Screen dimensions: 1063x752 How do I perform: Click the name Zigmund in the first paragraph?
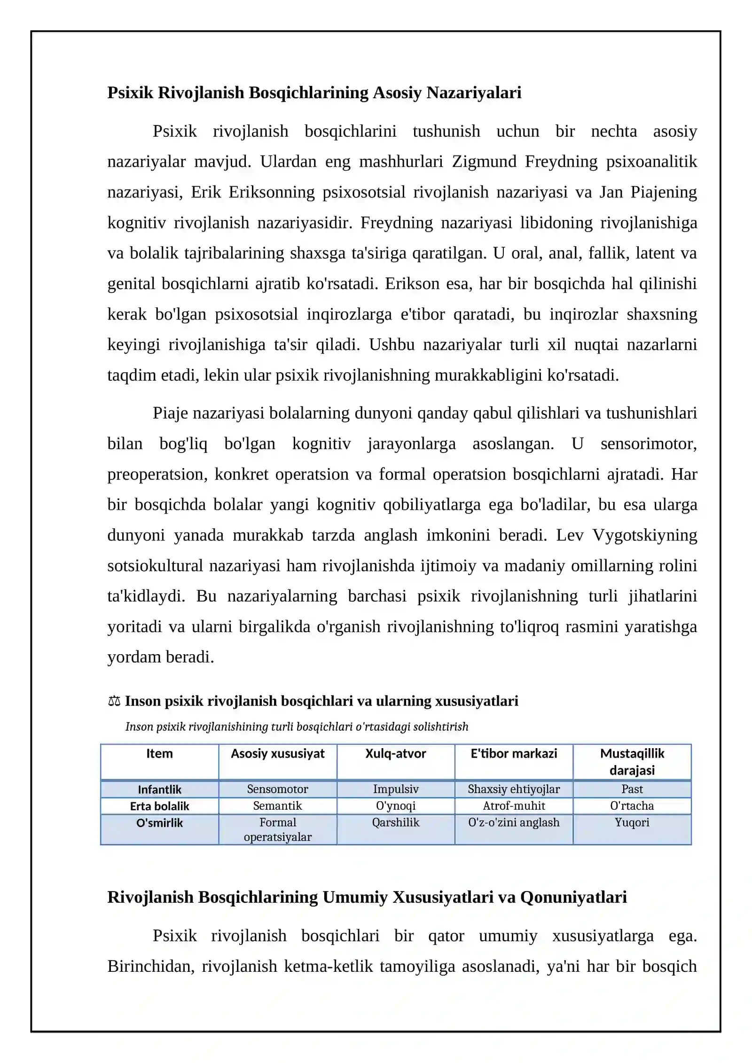[484, 162]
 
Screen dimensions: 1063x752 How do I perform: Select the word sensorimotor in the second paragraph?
[648, 444]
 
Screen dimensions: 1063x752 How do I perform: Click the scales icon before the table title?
[114, 702]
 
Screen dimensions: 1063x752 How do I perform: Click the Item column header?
[159, 754]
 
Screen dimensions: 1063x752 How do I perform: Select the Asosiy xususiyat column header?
[277, 754]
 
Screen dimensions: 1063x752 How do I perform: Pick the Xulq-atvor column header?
[395, 754]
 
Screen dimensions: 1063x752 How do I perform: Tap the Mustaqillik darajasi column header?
[632, 762]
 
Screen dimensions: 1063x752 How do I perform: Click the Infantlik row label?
[159, 790]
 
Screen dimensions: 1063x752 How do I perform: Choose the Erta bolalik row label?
[159, 806]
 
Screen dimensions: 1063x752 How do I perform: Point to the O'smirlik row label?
[159, 823]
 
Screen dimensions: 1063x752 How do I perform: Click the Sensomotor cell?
[277, 789]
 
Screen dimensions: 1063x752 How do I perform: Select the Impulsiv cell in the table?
[395, 789]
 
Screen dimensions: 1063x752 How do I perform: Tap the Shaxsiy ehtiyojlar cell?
[513, 789]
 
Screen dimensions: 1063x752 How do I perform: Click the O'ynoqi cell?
[395, 806]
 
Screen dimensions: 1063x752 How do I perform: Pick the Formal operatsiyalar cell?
[277, 830]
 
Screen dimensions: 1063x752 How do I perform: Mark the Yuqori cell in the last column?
[632, 823]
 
